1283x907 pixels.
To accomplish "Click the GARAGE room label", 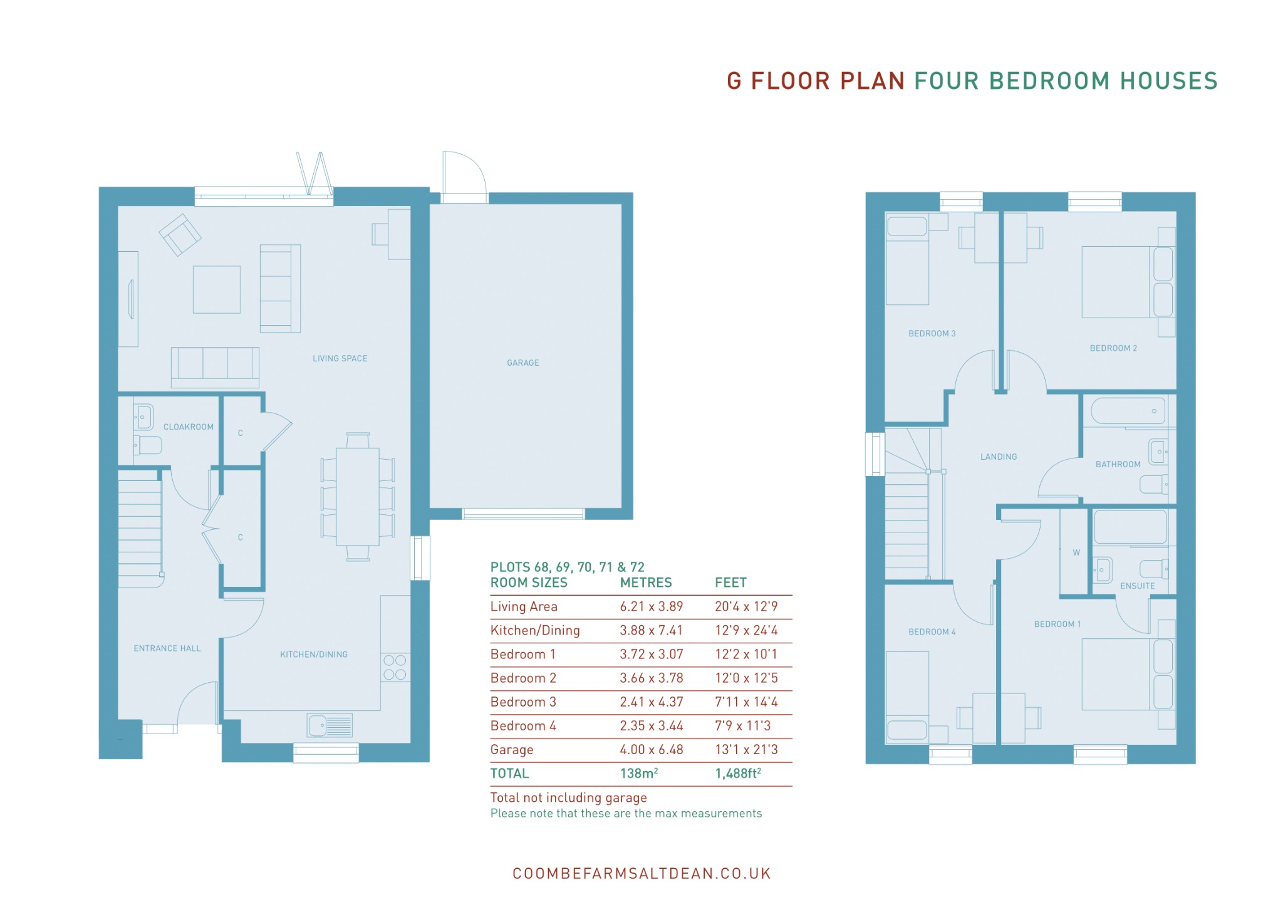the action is (x=523, y=363).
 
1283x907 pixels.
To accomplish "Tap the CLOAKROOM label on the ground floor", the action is (x=189, y=427).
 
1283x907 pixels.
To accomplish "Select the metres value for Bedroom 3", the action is (x=652, y=702).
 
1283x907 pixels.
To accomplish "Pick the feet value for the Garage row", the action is (x=747, y=750).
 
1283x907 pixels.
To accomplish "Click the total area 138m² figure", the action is (x=639, y=774).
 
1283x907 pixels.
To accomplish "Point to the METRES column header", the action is (x=646, y=583).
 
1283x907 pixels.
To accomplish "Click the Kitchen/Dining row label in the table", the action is (x=535, y=630).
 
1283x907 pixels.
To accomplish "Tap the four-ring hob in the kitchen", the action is (x=395, y=667).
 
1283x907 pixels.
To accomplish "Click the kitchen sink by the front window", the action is (x=330, y=725).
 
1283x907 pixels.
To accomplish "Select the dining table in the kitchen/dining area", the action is (x=358, y=497).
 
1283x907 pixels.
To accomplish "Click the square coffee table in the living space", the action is (x=217, y=289).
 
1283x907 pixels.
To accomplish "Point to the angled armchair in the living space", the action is (x=180, y=235).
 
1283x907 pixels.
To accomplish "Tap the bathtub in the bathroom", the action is (x=1128, y=411).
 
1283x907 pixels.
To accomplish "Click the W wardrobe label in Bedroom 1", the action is (x=1076, y=552).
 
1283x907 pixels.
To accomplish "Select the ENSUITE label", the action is (x=1138, y=586).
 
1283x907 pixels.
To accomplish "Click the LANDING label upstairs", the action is (x=999, y=457).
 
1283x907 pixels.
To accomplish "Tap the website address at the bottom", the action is (x=641, y=874).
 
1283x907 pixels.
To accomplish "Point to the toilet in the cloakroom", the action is (x=148, y=445).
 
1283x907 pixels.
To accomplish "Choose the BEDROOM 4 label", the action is (x=932, y=632).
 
